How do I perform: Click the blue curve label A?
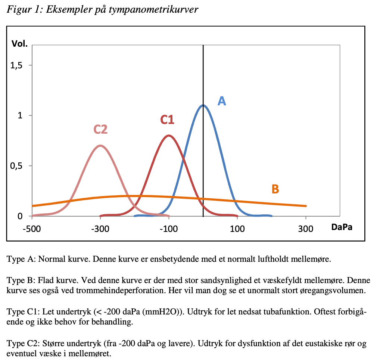click(x=222, y=101)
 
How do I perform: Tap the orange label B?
click(x=275, y=189)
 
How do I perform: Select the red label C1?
click(x=167, y=120)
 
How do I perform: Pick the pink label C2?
click(x=100, y=129)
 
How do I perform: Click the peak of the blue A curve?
click(x=203, y=105)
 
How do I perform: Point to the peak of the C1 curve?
click(x=169, y=136)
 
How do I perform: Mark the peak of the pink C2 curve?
click(x=100, y=146)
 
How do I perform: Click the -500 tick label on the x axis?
click(x=32, y=229)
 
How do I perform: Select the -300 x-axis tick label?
click(x=100, y=229)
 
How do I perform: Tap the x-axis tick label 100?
click(x=237, y=229)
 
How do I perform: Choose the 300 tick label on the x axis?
click(x=306, y=229)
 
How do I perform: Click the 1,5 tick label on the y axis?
click(x=16, y=65)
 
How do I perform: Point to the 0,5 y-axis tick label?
click(x=16, y=166)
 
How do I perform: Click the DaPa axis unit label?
click(x=342, y=227)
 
